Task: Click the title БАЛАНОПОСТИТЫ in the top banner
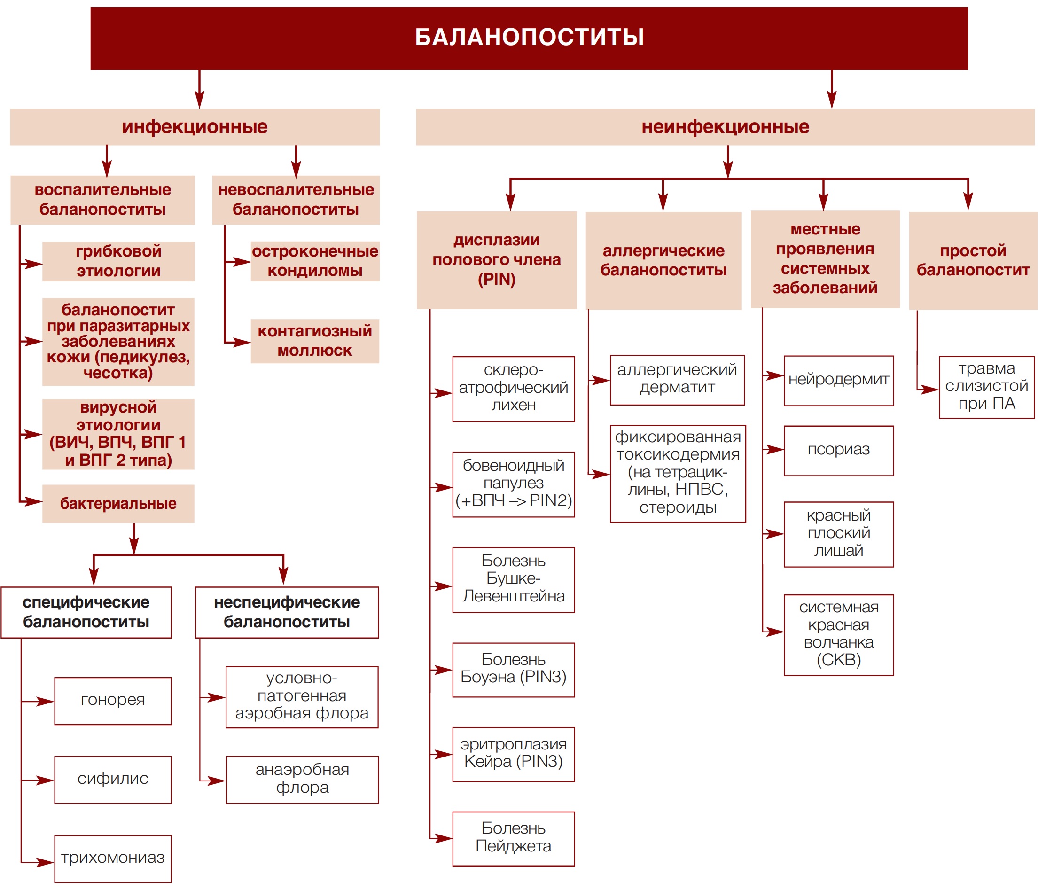(530, 37)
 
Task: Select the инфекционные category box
(195, 127)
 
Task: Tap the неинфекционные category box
(725, 127)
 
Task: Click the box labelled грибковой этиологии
(119, 261)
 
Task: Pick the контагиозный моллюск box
(315, 341)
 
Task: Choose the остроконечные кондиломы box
(315, 261)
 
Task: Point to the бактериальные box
(118, 503)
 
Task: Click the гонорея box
(113, 701)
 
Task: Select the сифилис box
(113, 780)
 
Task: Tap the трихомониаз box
(113, 859)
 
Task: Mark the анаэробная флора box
(302, 780)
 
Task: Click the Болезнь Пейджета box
(514, 839)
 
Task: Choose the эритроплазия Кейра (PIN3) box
(514, 754)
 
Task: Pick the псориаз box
(839, 451)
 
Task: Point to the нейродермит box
(839, 381)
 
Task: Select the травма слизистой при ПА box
(986, 387)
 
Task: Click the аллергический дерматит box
(677, 380)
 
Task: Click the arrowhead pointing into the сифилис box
(46, 781)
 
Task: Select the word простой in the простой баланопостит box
(973, 250)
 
